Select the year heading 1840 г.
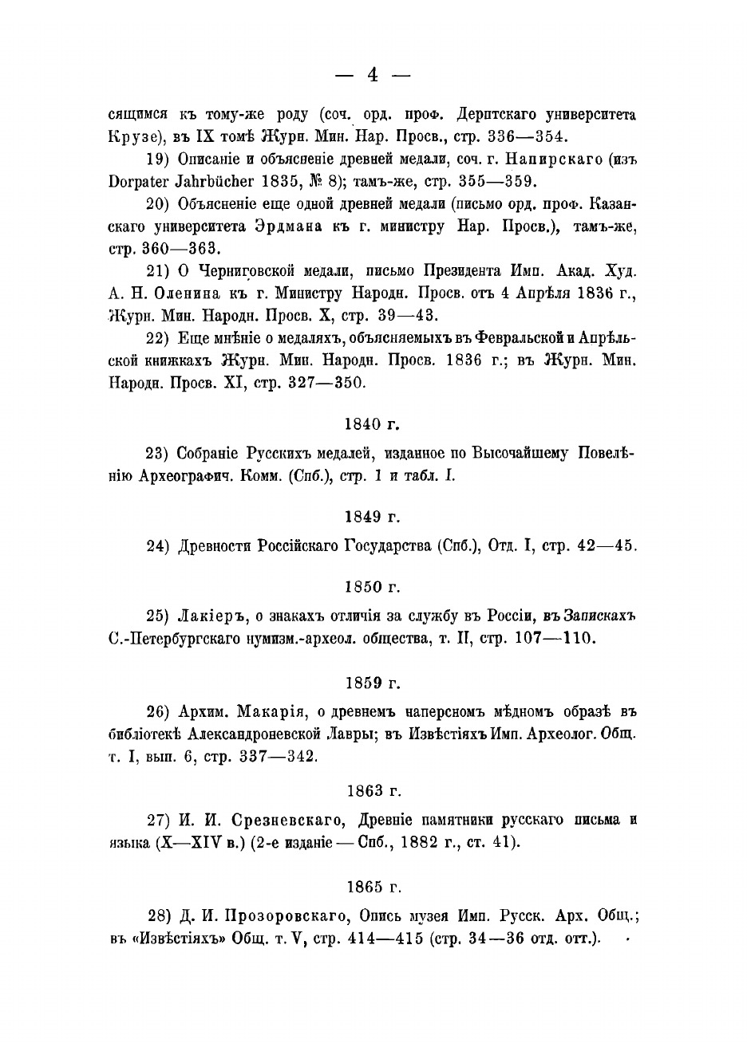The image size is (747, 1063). (373, 423)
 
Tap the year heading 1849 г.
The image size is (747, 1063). (373, 518)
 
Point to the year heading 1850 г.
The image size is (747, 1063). (373, 587)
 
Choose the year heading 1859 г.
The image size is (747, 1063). (373, 683)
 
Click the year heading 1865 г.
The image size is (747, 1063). (373, 886)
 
